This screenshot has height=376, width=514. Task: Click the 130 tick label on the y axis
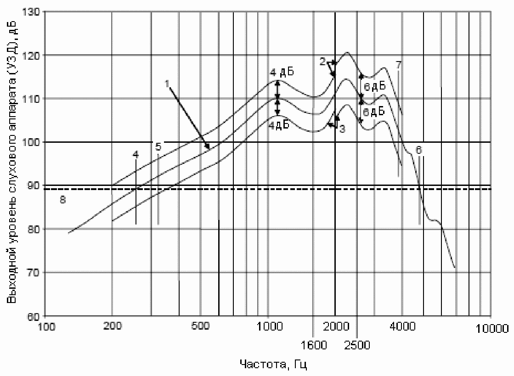pos(31,12)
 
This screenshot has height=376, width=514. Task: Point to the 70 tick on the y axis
pos(33,273)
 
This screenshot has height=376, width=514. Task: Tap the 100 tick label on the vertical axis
pos(31,142)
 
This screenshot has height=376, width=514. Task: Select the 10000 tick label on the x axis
pos(492,328)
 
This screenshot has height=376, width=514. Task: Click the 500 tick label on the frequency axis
pos(200,326)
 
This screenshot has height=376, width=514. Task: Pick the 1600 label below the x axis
pos(314,345)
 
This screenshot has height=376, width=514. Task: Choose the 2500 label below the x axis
pos(357,345)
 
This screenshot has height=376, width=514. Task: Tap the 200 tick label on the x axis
pos(113,326)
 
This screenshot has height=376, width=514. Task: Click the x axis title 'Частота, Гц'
pos(273,365)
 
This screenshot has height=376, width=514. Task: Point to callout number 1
pos(167,84)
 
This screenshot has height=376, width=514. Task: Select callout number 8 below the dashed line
pos(62,199)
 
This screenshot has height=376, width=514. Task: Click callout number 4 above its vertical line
pos(136,155)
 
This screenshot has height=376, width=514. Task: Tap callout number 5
pos(158,146)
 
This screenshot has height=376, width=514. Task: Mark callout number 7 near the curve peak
pos(398,65)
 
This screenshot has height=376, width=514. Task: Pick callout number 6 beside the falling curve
pos(418,150)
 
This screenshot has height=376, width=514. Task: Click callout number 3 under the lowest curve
pos(342,129)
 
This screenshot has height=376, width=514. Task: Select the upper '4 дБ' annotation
pos(282,72)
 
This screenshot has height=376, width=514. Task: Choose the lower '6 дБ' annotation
pos(374,112)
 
